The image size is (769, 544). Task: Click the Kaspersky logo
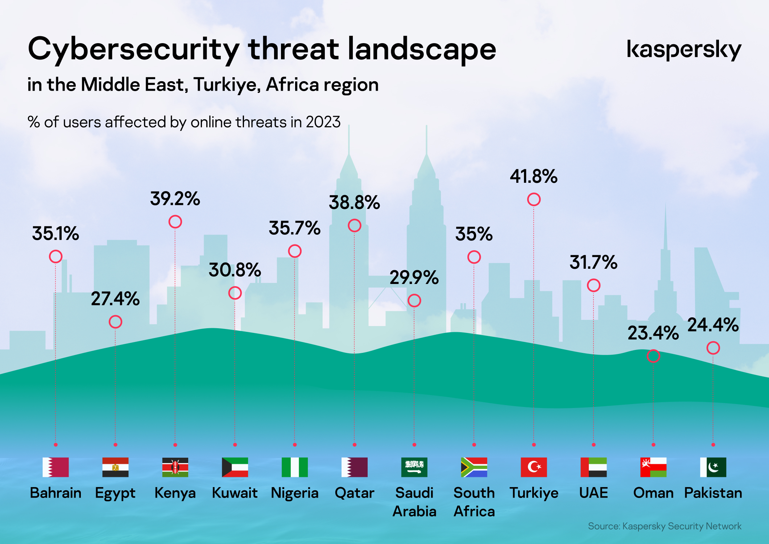click(x=684, y=50)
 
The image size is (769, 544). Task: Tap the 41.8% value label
click(x=534, y=177)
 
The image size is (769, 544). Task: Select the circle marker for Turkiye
click(x=534, y=199)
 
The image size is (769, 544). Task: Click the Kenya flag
click(x=175, y=467)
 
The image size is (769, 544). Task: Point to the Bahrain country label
click(x=55, y=493)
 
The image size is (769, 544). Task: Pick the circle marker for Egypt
click(x=115, y=322)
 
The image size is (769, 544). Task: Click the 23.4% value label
click(x=653, y=333)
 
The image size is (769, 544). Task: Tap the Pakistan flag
click(x=713, y=467)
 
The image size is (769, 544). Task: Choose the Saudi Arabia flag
click(x=414, y=467)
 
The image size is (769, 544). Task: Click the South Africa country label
click(x=474, y=502)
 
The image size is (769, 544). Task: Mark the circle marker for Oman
click(x=653, y=356)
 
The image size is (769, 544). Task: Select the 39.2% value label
click(x=175, y=199)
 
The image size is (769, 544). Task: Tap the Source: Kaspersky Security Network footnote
click(x=665, y=526)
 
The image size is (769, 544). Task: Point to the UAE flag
click(x=594, y=467)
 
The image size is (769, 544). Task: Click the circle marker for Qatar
click(x=354, y=226)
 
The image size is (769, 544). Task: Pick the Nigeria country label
click(x=295, y=493)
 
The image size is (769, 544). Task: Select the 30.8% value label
click(x=235, y=270)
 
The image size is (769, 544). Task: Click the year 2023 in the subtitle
click(x=323, y=122)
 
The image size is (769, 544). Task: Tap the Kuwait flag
click(x=235, y=467)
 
